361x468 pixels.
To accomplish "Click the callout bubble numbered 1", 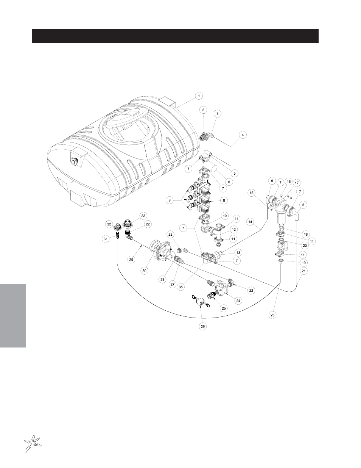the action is point(199,96).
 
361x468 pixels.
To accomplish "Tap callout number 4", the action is point(243,135).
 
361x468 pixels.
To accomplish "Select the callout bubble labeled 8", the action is point(224,200).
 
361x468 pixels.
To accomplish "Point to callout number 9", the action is point(170,200).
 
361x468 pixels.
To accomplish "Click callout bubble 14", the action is point(251,222).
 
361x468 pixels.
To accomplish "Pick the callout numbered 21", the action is point(303,271).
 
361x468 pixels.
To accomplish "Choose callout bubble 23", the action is point(272,315).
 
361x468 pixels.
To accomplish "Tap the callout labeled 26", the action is point(203,326).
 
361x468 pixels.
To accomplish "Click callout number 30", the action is point(144,271).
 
